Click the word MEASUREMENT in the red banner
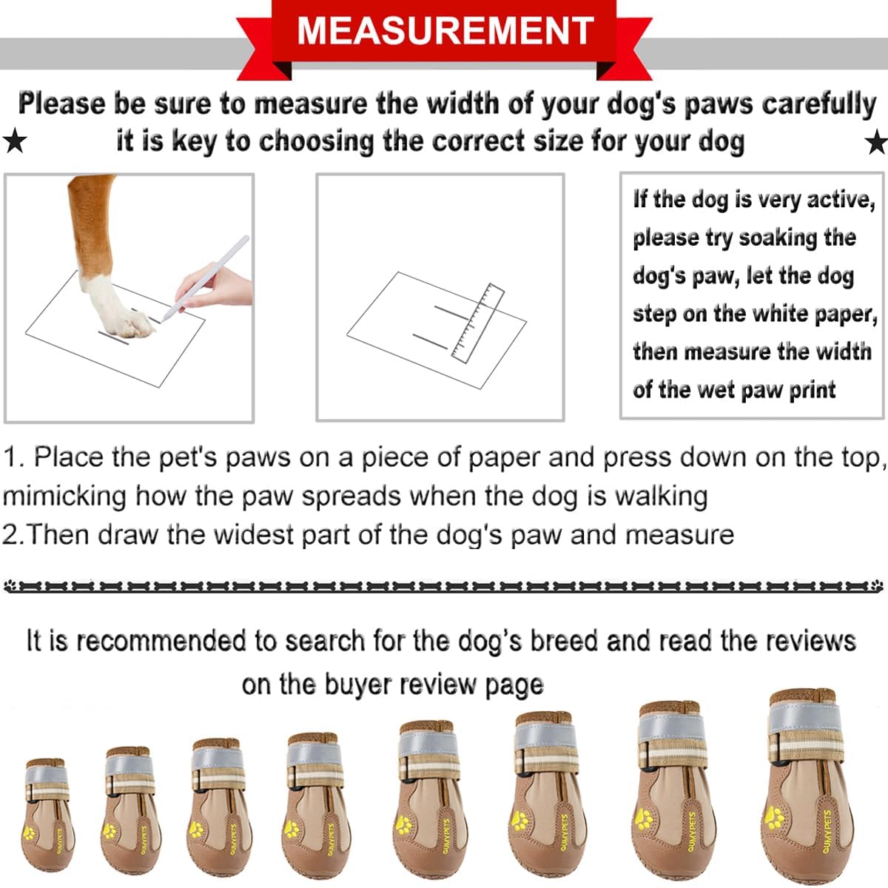tap(445, 30)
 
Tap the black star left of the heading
tap(14, 140)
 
